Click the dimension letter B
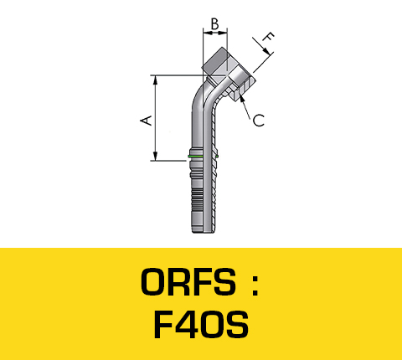[x=215, y=24]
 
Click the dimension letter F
[x=269, y=38]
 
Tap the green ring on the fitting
[x=196, y=156]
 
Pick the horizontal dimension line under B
[x=215, y=33]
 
